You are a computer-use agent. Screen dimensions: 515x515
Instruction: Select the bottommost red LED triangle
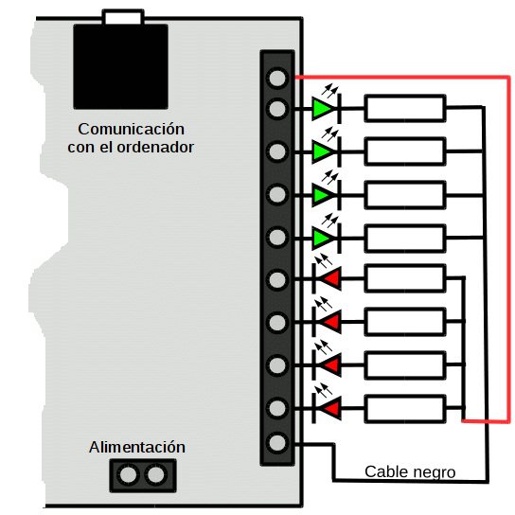(x=331, y=408)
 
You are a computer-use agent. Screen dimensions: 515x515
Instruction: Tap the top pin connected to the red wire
(x=277, y=79)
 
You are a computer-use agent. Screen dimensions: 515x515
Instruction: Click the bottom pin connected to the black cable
(x=277, y=442)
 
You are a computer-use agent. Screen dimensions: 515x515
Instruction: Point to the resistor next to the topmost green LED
(x=405, y=108)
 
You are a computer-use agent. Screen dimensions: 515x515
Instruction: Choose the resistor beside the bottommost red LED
(x=405, y=409)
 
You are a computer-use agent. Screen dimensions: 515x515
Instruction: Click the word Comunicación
(x=131, y=129)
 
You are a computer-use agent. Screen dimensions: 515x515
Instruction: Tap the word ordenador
(x=155, y=147)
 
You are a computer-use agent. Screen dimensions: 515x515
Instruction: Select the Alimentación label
(x=137, y=448)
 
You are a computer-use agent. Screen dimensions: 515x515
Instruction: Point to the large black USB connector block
(x=120, y=66)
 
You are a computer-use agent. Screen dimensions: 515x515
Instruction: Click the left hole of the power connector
(x=128, y=474)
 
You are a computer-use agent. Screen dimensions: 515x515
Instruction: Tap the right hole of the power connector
(x=155, y=474)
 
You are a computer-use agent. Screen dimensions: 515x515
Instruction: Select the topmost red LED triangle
(x=331, y=278)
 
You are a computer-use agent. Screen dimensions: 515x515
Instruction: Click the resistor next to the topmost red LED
(x=405, y=278)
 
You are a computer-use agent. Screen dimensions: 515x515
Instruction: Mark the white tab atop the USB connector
(x=123, y=17)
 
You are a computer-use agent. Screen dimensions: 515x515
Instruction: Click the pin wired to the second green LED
(x=277, y=151)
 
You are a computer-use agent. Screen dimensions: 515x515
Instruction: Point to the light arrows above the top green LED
(x=330, y=90)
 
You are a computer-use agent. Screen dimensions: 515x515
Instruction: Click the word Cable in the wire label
(x=386, y=472)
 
